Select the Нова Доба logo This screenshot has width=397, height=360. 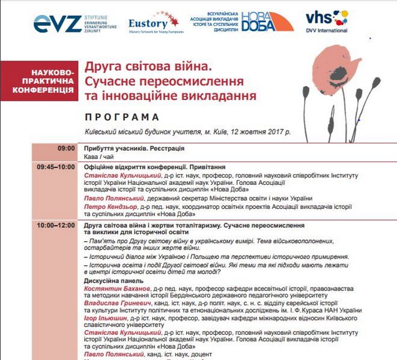point(267,22)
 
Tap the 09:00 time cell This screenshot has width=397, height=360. point(66,148)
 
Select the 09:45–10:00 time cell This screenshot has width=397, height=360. point(56,166)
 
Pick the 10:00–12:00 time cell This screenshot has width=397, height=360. point(56,225)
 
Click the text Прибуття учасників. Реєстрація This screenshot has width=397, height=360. point(134,148)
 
